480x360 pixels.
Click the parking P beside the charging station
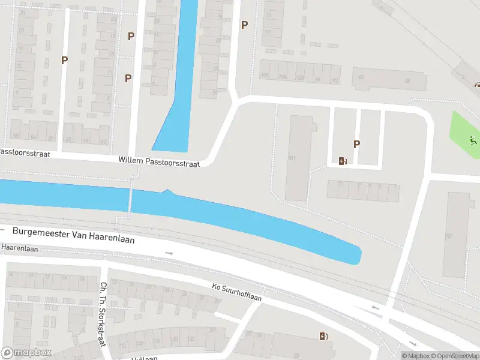(x=357, y=144)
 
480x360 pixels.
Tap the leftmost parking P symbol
(x=64, y=60)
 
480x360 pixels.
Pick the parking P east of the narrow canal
(x=244, y=25)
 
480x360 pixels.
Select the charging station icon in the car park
(x=343, y=160)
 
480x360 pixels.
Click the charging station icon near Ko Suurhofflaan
(x=324, y=336)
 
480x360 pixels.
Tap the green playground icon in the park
(x=473, y=141)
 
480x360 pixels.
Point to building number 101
(x=292, y=158)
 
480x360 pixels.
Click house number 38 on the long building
(x=406, y=80)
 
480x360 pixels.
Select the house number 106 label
(x=265, y=76)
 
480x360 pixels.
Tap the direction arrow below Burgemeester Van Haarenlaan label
(x=170, y=253)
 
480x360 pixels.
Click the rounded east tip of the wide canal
(x=358, y=257)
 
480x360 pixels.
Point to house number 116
(x=123, y=346)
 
